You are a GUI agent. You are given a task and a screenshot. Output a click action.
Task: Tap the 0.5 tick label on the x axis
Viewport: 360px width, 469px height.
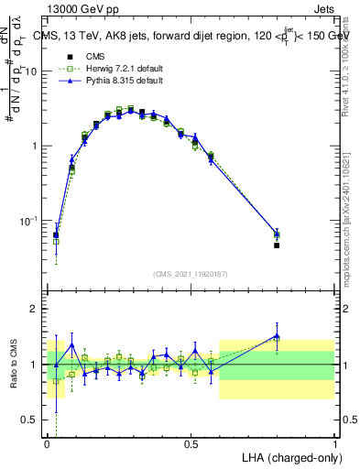click(191, 442)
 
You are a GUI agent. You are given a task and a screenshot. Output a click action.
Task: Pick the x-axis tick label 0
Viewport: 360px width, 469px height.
click(48, 442)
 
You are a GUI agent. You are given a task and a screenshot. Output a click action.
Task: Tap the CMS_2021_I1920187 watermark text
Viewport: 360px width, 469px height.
click(191, 274)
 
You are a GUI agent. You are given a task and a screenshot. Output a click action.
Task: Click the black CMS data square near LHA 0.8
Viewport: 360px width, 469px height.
click(277, 245)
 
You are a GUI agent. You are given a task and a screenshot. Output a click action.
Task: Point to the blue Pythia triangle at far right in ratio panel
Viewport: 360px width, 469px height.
click(277, 336)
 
